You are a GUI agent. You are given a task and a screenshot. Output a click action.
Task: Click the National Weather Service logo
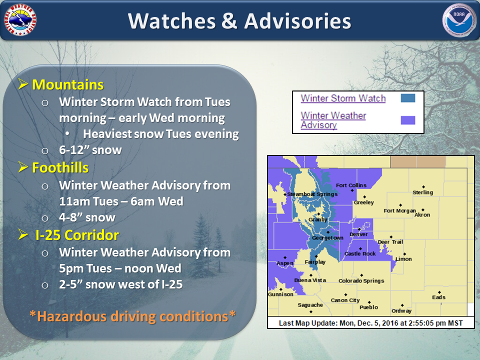coord(20,19)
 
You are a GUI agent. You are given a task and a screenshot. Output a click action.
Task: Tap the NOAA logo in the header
coord(459,20)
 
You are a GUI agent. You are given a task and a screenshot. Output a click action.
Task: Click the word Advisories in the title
coord(297,21)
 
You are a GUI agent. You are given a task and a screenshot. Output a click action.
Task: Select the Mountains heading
coord(67,84)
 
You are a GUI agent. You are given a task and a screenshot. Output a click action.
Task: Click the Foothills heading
coord(60,168)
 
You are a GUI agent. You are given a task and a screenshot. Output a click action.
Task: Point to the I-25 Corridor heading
coord(77,235)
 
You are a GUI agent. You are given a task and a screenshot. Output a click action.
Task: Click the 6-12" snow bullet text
coord(90,150)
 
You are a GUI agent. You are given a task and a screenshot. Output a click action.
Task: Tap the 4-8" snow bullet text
coord(87,217)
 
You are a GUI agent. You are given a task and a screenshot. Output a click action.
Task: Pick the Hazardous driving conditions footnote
coord(132,316)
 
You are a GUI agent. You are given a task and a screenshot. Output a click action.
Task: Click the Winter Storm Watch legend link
coord(343,98)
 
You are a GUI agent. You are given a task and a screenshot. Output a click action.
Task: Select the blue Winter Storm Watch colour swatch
coord(408,98)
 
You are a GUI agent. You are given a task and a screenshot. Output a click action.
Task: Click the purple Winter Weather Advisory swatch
coord(408,120)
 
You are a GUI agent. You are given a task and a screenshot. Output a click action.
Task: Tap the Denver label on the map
coord(358,234)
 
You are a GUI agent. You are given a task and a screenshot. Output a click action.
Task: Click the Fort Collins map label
coord(351,185)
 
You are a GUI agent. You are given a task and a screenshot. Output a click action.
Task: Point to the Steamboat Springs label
coord(312,194)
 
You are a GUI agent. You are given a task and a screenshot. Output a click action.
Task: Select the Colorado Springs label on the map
coord(361,280)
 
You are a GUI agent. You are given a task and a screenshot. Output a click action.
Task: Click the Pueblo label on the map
coord(369,307)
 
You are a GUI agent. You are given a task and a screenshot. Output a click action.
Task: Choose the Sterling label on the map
coord(423,192)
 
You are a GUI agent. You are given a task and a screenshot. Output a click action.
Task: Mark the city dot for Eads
coord(439,292)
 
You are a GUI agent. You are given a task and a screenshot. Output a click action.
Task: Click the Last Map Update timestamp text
coord(370,323)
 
